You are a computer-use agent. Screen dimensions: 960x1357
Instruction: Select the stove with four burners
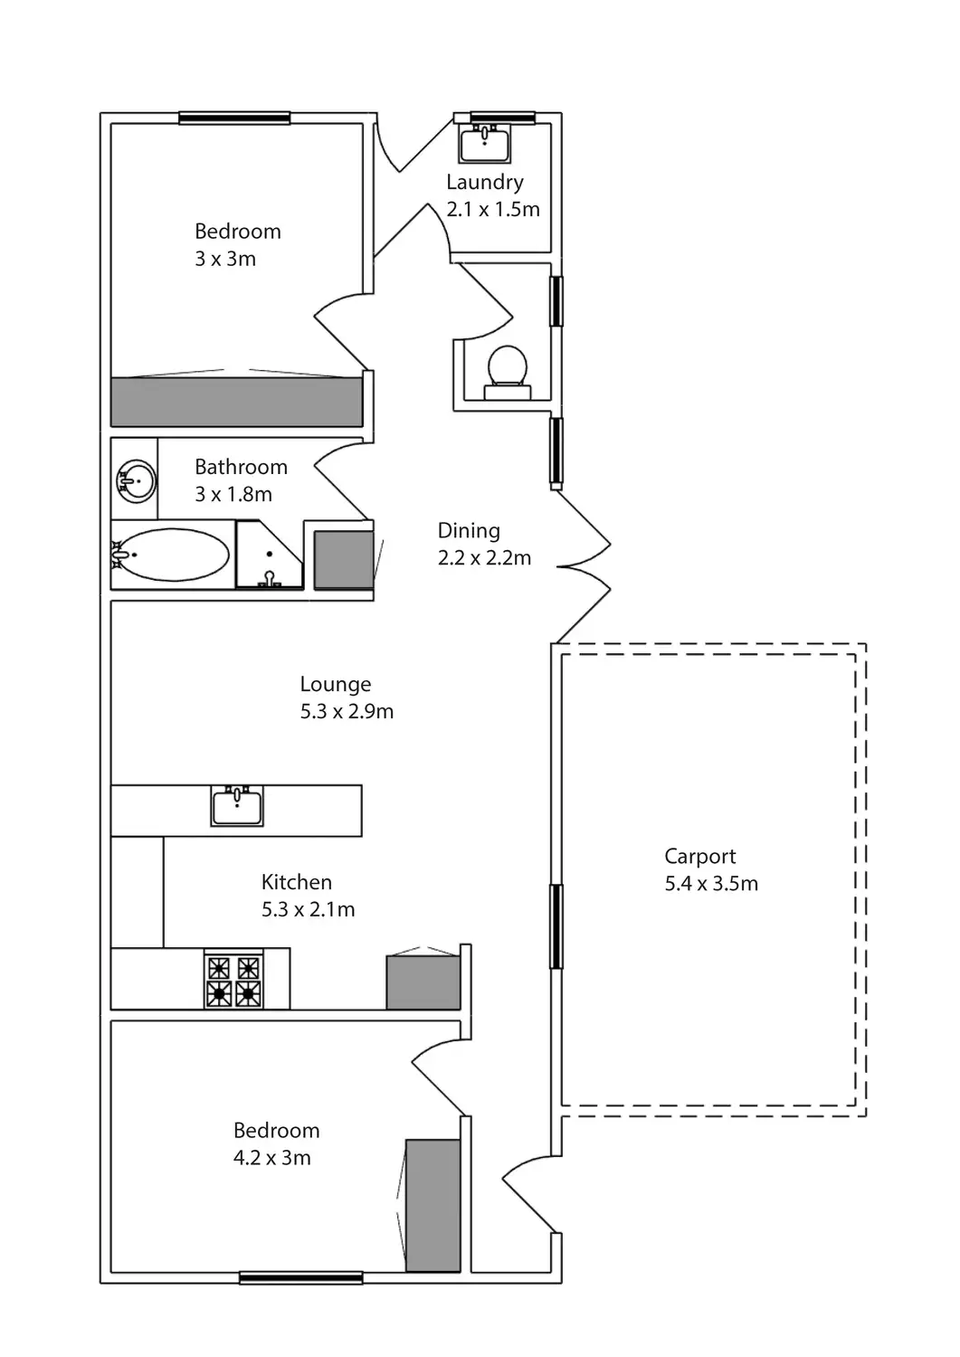(233, 980)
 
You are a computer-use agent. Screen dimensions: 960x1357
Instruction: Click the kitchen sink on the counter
(237, 806)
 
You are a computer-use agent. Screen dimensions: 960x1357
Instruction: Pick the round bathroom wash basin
(137, 479)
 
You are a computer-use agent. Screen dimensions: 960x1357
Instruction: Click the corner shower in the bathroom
(268, 555)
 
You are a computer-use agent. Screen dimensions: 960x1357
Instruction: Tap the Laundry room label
(485, 182)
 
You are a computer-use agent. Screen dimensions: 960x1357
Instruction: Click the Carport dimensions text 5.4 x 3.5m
(711, 884)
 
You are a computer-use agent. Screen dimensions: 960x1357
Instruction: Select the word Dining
(469, 531)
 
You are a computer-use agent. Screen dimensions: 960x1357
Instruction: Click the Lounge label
(336, 685)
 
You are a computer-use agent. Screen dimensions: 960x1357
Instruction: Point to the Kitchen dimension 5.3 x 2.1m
(308, 910)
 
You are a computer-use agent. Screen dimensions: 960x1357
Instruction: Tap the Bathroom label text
(241, 467)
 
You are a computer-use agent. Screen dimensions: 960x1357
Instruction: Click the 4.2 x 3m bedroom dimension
(272, 1158)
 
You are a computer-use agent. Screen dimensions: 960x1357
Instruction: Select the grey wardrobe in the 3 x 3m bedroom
(236, 401)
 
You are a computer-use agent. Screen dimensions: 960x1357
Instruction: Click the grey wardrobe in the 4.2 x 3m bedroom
(432, 1205)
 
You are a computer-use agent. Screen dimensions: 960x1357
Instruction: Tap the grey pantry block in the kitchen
(423, 982)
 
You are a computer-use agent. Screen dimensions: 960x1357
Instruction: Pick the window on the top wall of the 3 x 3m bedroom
(234, 118)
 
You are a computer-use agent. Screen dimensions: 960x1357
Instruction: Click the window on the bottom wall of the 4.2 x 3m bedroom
(301, 1277)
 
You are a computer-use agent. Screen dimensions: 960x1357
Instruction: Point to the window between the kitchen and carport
(556, 926)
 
